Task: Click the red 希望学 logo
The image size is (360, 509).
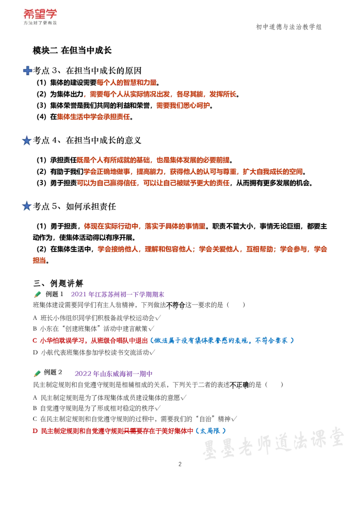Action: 40,14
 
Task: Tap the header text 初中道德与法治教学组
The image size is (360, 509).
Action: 288,27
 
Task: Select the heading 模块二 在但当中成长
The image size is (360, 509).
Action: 72,50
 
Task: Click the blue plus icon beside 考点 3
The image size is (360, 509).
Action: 27,71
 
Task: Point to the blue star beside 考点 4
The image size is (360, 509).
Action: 27,141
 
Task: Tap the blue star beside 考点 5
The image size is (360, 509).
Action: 27,206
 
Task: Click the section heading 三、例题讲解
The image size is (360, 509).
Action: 58,283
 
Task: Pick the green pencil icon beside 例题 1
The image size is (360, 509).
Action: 37,295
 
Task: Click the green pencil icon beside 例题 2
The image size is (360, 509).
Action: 37,373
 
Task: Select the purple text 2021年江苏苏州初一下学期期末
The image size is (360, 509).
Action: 117,295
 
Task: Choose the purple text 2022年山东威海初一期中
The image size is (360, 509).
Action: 113,374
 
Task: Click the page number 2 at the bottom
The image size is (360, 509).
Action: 180,464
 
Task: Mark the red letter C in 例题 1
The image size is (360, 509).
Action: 35,340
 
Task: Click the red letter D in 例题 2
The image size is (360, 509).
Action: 35,431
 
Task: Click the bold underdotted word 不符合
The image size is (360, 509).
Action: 175,305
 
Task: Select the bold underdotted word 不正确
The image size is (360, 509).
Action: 239,385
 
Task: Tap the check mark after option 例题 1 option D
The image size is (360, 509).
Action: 153,353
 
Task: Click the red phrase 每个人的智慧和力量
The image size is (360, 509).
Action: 127,83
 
